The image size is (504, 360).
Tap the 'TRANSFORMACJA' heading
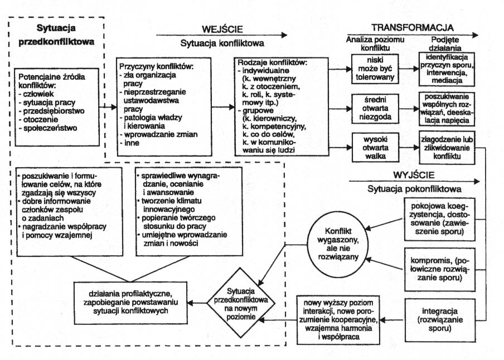[x=412, y=27]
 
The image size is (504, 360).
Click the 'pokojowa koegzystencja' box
[x=440, y=222]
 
